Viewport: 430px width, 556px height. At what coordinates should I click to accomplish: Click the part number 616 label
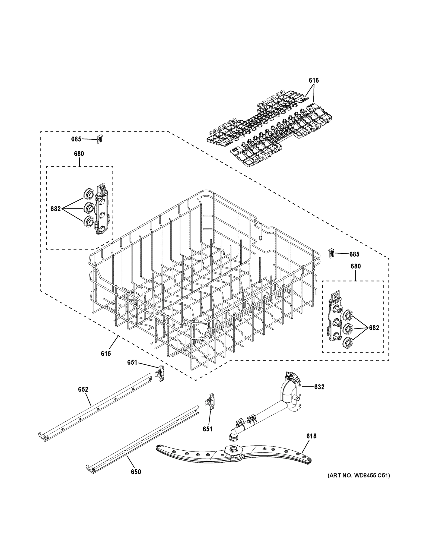[314, 80]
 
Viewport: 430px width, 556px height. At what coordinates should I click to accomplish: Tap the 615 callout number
[106, 353]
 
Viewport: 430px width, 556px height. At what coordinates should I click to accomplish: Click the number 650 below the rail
[136, 472]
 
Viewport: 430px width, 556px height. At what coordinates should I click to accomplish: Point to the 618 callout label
[311, 436]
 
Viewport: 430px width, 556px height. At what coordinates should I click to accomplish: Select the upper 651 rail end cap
[160, 373]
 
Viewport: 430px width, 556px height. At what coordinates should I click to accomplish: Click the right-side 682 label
[374, 328]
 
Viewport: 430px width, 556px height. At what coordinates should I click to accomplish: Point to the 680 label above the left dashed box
[79, 154]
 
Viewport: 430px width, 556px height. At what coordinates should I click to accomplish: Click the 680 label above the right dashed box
[356, 266]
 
